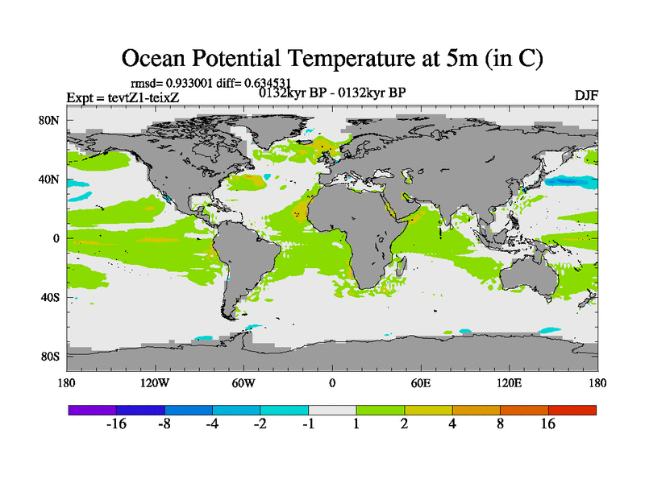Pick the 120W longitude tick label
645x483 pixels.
[x=154, y=383]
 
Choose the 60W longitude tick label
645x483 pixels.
[x=243, y=383]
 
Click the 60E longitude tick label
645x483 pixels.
[x=420, y=383]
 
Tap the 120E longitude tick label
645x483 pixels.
[x=509, y=383]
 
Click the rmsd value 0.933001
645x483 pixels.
[x=187, y=82]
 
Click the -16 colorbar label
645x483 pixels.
[x=117, y=425]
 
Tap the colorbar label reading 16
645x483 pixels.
[x=548, y=425]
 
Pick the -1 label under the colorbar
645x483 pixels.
[x=308, y=425]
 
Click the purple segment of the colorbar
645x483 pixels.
[x=92, y=411]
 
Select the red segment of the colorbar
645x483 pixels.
[x=572, y=411]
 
